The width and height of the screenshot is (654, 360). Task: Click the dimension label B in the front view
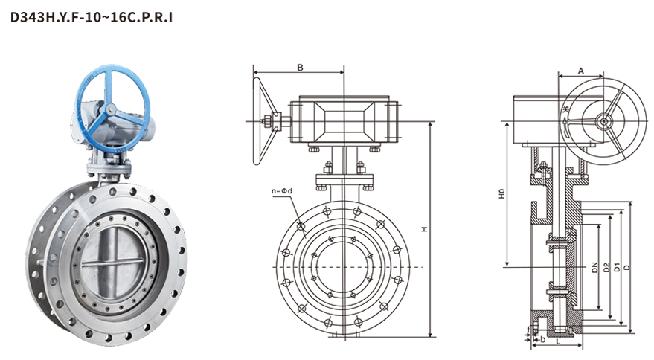(x=300, y=68)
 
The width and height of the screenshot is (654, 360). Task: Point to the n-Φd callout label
(x=283, y=191)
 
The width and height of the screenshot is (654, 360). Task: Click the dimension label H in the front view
(x=425, y=230)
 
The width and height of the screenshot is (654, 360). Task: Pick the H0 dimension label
(x=502, y=194)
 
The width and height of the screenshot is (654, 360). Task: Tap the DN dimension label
(x=594, y=267)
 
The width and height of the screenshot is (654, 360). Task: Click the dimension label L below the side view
(x=557, y=345)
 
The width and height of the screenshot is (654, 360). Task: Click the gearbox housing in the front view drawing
(x=343, y=120)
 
